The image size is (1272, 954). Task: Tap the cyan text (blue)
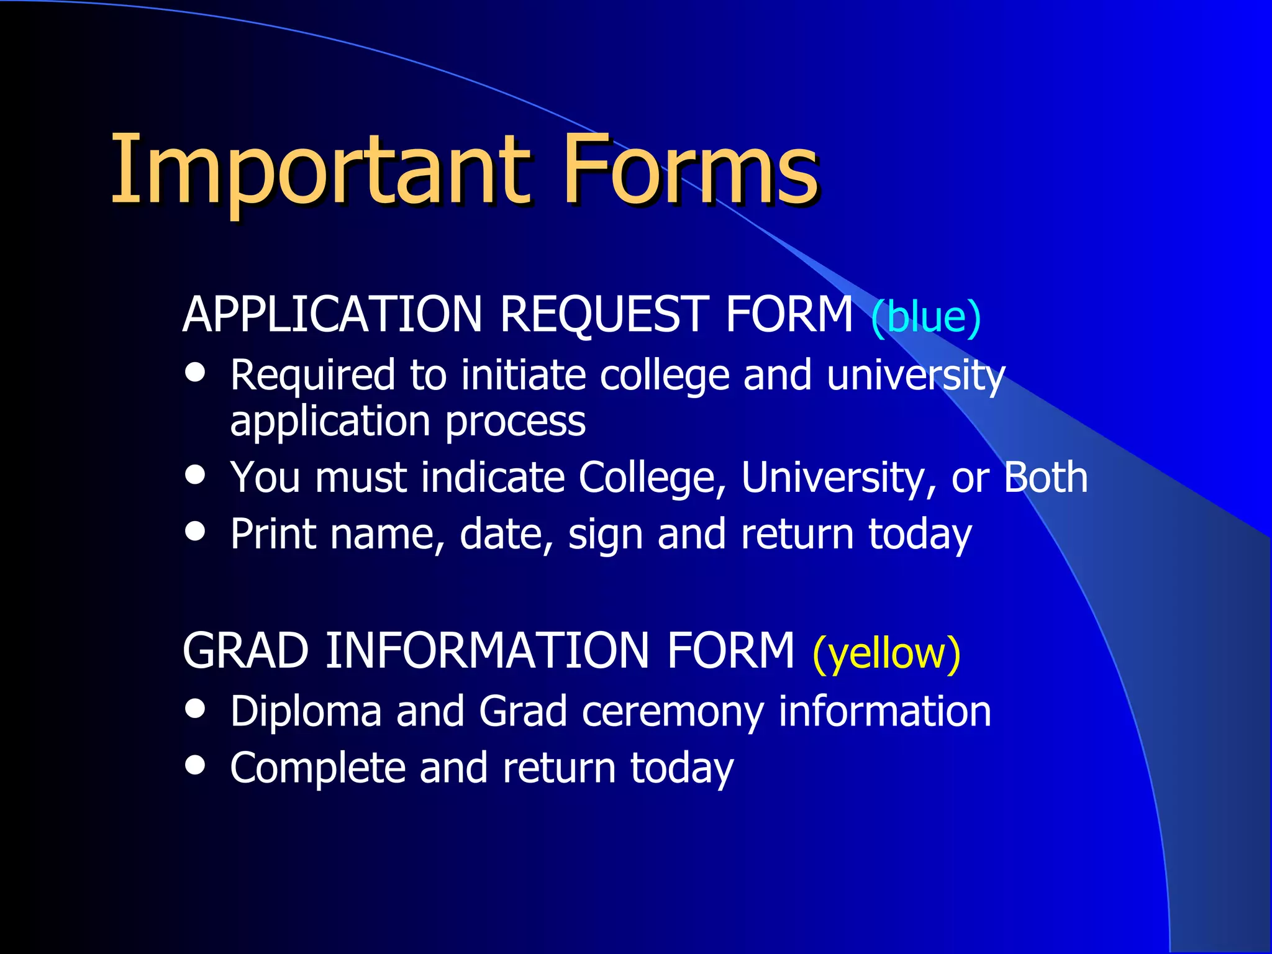tap(925, 317)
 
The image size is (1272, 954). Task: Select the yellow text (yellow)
tap(886, 653)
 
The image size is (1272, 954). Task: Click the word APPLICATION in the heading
tap(332, 314)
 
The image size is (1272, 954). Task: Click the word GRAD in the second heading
tap(245, 651)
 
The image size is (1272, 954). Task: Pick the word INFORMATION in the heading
tap(488, 651)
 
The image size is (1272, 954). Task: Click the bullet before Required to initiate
tap(195, 372)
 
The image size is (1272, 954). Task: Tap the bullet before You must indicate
tap(195, 475)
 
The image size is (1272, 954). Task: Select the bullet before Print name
tap(195, 531)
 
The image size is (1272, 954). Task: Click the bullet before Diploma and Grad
tap(195, 709)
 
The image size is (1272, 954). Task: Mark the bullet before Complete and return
tap(195, 765)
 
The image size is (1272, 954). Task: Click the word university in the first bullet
tap(915, 376)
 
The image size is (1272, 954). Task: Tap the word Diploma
tap(306, 712)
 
